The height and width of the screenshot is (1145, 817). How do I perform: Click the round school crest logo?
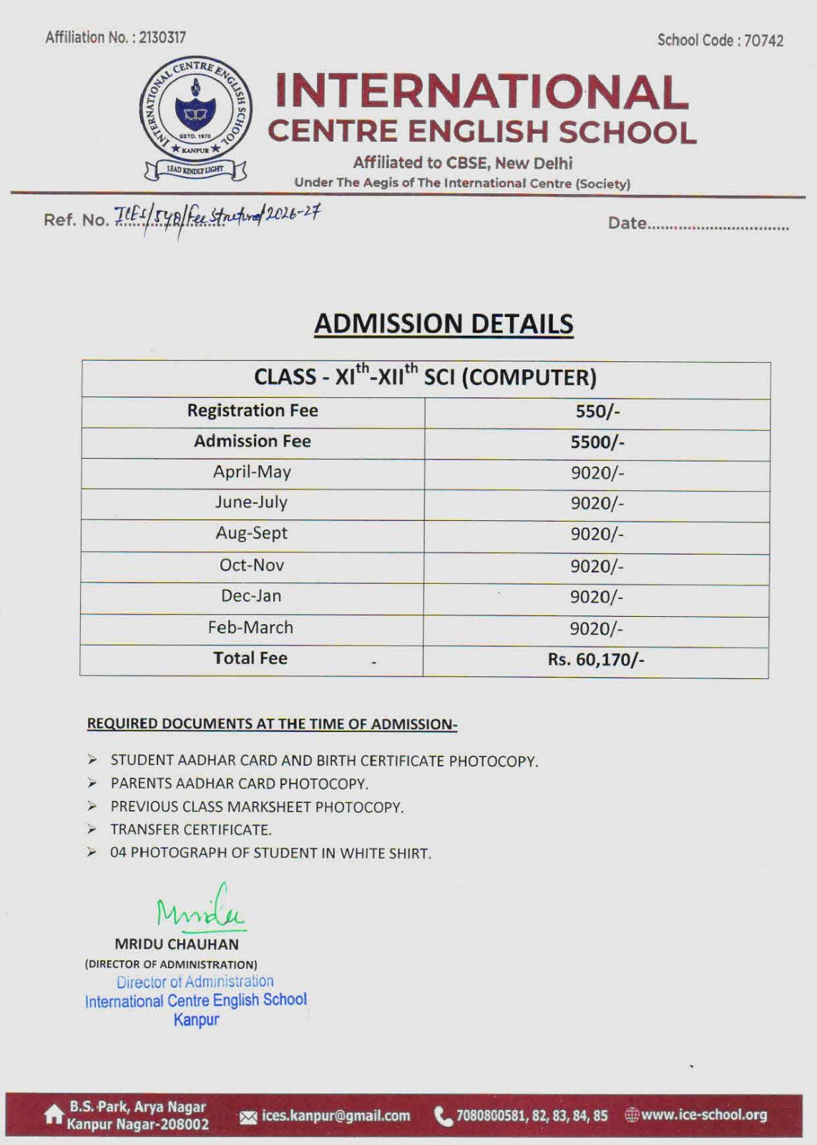195,109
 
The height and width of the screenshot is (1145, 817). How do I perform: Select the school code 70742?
763,41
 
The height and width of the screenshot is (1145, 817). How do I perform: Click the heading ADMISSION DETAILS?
444,323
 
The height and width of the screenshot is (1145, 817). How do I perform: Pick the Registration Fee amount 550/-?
597,411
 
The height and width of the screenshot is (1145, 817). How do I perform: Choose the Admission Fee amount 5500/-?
597,442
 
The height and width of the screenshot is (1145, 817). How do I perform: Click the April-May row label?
252,472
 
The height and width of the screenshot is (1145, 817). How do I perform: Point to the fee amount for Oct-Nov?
597,566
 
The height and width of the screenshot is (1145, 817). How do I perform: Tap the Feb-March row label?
250,628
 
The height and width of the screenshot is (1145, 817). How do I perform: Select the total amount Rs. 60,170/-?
596,659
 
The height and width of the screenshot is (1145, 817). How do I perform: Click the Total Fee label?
250,658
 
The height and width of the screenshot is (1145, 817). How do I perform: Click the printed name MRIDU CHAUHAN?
177,944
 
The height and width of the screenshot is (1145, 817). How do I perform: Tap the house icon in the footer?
54,1114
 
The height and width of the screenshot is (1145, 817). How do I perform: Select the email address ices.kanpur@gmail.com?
336,1116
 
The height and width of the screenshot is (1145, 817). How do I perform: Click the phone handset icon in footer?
443,1116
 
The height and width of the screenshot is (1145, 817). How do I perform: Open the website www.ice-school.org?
703,1115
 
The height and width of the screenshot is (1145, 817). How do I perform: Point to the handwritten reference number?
218,215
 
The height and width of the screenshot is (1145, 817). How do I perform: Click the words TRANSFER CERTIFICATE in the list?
190,830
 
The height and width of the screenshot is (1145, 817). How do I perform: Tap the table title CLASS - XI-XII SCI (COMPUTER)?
425,377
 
